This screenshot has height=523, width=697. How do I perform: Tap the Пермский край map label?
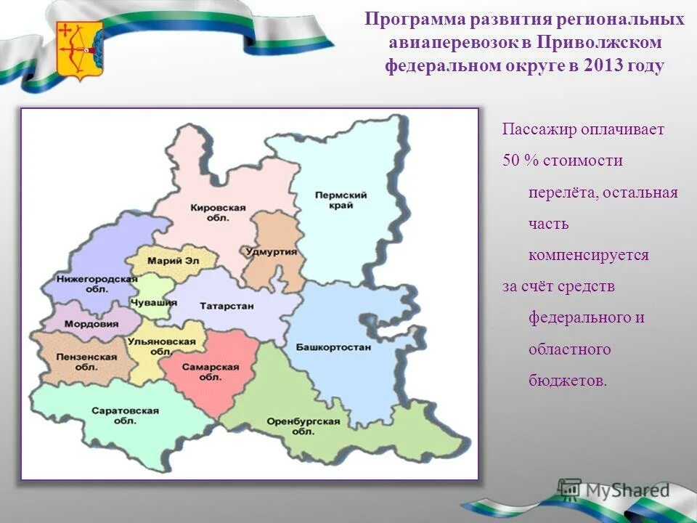coord(333,200)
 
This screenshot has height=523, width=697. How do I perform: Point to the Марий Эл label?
coord(172,260)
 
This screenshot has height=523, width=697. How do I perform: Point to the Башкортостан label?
coord(333,347)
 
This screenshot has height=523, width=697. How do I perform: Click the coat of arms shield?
coord(79,50)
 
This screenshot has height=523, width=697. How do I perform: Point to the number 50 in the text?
coord(511,161)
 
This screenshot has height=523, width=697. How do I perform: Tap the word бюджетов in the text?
coord(566,381)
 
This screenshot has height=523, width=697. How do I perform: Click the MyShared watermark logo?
coord(613,490)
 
